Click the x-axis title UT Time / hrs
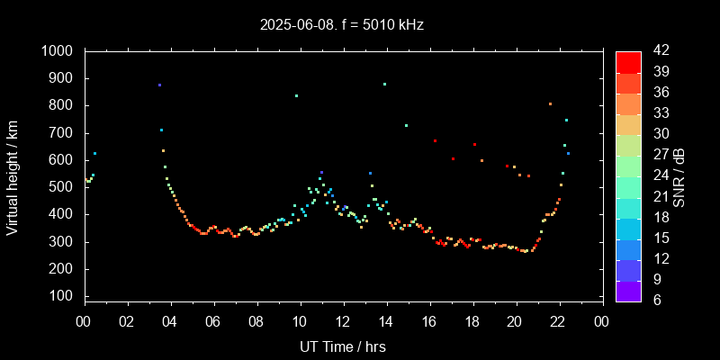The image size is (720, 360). pyautogui.click(x=343, y=346)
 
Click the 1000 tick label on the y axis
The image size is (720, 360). pyautogui.click(x=60, y=51)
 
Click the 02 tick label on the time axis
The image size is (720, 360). pyautogui.click(x=127, y=321)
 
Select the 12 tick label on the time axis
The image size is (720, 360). pyautogui.click(x=343, y=321)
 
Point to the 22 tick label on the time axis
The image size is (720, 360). pyautogui.click(x=559, y=321)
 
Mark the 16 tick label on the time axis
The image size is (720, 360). pyautogui.click(x=429, y=321)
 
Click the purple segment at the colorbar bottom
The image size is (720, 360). pyautogui.click(x=628, y=290)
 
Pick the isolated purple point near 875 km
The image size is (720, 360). pyautogui.click(x=159, y=85)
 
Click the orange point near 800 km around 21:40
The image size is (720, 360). pyautogui.click(x=550, y=103)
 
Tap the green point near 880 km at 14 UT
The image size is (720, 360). pyautogui.click(x=384, y=84)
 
